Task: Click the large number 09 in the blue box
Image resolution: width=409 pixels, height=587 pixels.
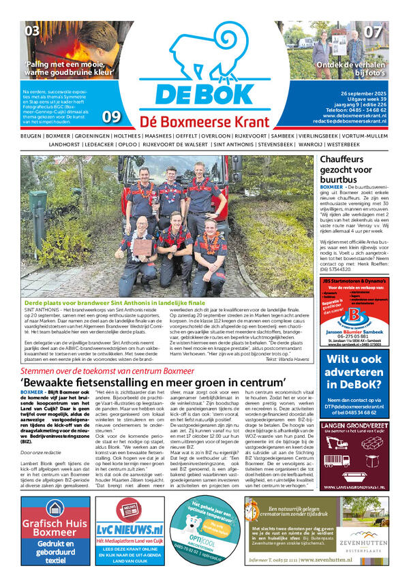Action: pos(111,116)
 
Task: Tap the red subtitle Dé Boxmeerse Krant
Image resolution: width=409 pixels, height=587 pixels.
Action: pos(204,121)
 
